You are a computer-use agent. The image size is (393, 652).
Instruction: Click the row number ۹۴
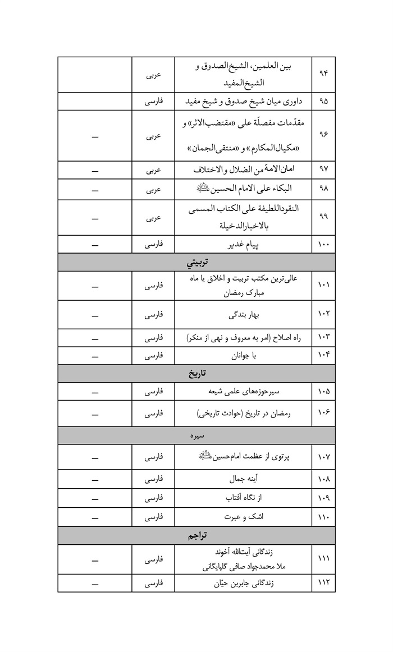click(323, 75)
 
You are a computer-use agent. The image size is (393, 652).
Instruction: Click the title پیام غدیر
click(243, 245)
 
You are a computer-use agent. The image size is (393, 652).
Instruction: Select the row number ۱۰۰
click(323, 245)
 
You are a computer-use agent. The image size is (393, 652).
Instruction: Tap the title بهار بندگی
click(243, 315)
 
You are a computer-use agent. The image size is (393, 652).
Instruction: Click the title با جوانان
click(243, 356)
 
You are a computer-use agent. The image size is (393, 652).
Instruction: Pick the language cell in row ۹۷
click(153, 169)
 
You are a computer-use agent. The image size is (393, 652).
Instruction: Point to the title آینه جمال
click(243, 479)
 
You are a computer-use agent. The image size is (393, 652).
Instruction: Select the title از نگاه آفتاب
click(243, 498)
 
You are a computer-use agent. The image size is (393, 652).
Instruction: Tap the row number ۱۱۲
click(323, 584)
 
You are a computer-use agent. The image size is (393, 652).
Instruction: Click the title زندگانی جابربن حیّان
click(243, 584)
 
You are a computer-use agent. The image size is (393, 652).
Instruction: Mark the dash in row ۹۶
click(95, 136)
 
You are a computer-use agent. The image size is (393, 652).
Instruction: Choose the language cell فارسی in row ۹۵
click(153, 102)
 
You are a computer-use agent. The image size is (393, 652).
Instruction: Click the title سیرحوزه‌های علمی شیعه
click(243, 391)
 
